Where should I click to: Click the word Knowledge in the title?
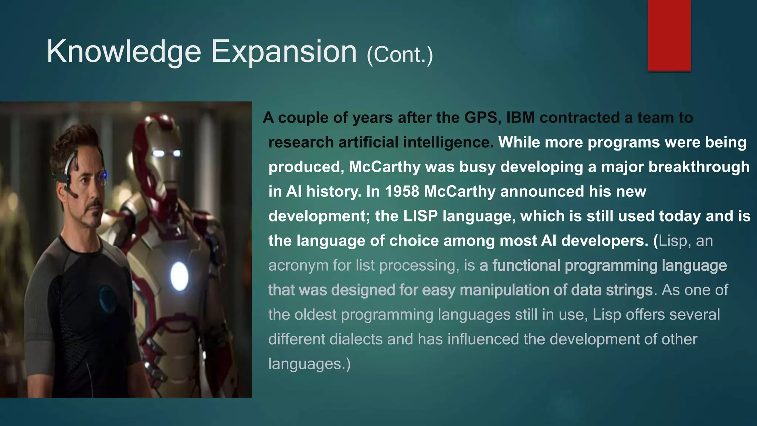(123, 52)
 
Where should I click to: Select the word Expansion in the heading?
(284, 52)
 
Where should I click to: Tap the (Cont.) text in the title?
(400, 55)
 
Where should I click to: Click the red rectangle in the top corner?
(669, 35)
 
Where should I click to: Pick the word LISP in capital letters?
(420, 216)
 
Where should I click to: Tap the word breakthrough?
(699, 167)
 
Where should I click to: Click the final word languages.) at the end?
(309, 364)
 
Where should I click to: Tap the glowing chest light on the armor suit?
(179, 276)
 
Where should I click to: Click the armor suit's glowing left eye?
(159, 153)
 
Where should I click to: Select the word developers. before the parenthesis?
(605, 241)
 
